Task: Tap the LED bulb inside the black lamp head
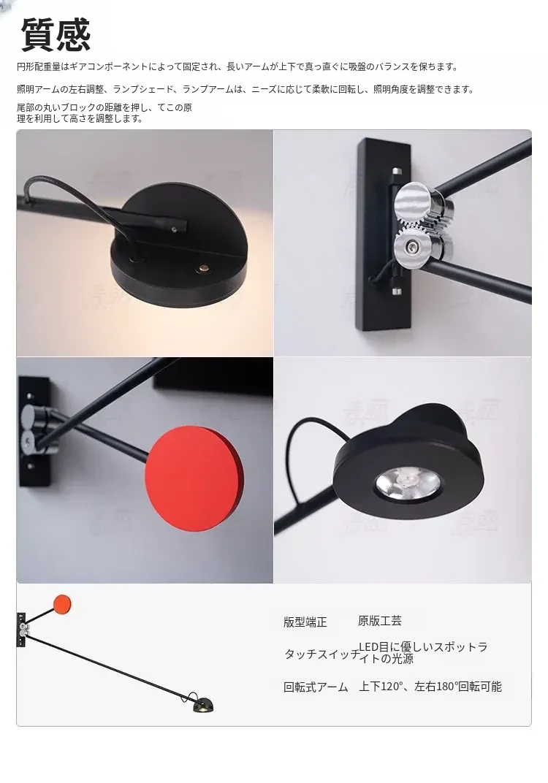point(408,482)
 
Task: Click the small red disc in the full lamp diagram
point(62,604)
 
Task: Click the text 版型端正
point(305,622)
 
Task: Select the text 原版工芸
point(380,621)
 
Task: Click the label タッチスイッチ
point(321,654)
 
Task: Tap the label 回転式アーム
point(316,687)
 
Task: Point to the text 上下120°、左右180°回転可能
point(430,687)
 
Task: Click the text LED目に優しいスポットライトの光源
point(423,653)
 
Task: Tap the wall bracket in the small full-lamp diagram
point(21,629)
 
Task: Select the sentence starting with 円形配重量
point(237,66)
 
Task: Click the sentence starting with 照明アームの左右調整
point(246,89)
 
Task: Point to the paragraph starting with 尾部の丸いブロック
point(104,113)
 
